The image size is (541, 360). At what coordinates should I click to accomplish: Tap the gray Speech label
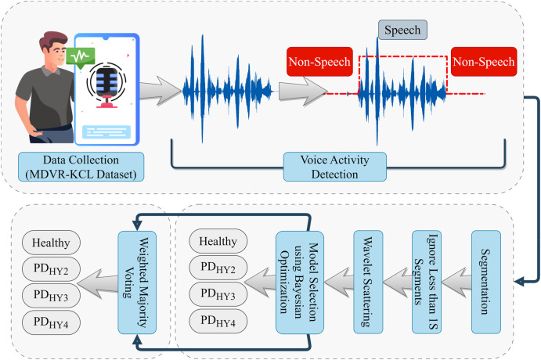(x=401, y=31)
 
